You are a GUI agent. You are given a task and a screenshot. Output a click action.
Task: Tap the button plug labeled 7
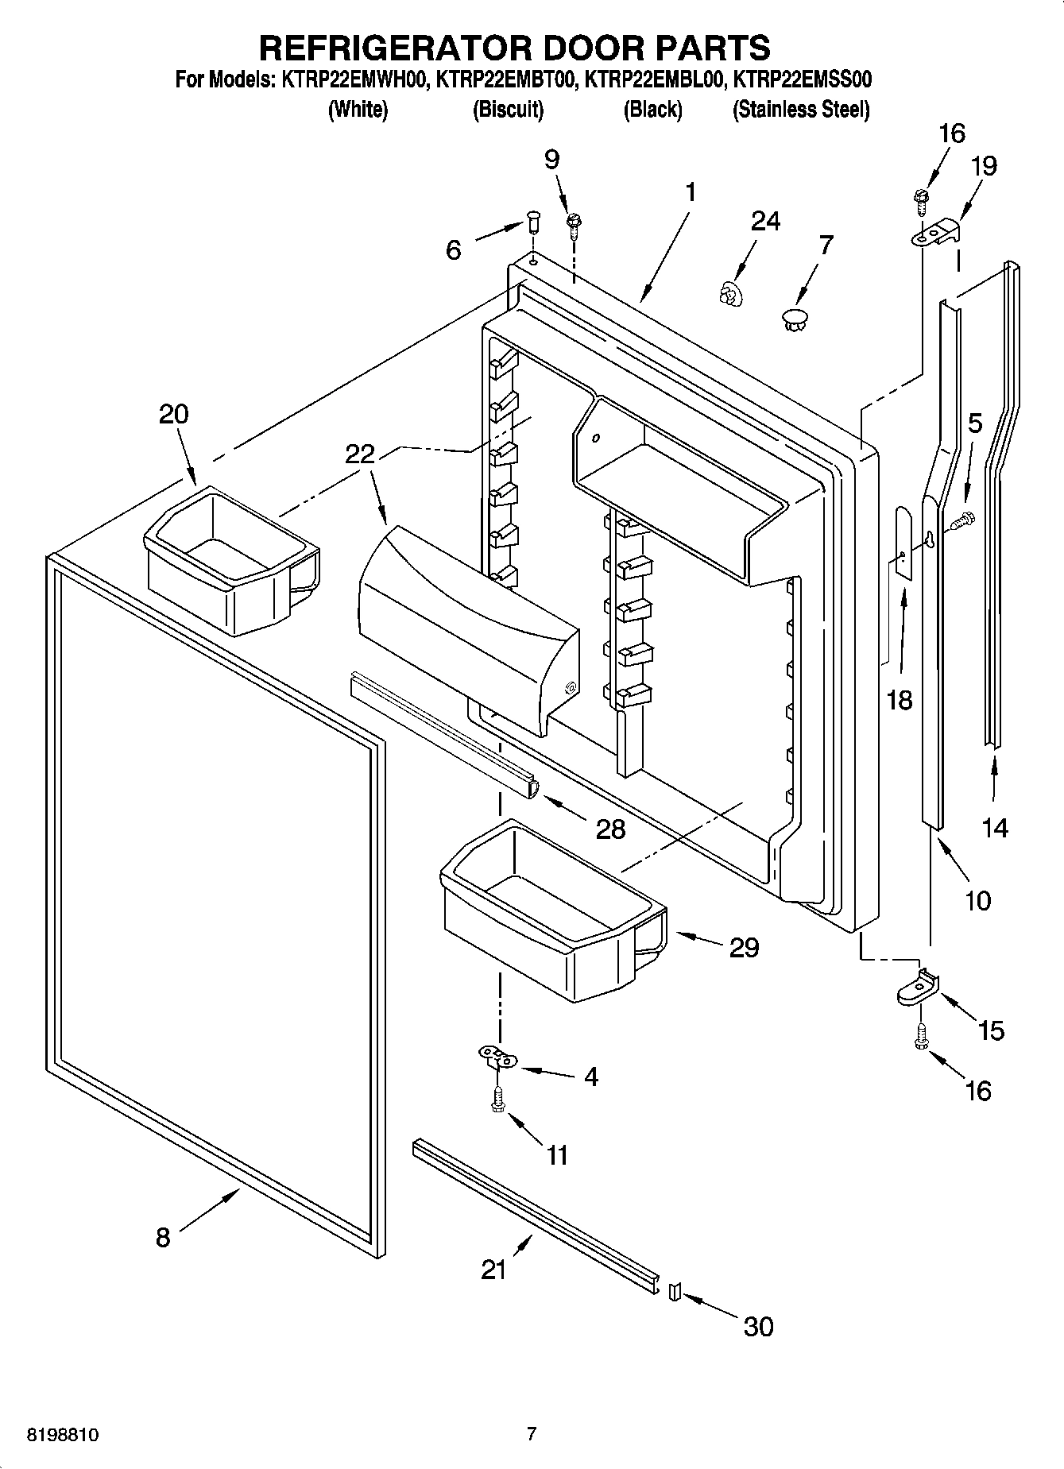[x=795, y=321]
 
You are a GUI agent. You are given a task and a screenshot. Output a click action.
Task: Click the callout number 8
[x=163, y=1237]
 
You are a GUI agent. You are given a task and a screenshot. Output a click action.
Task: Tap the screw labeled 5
[x=962, y=521]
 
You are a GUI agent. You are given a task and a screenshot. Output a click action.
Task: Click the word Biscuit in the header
[x=508, y=110]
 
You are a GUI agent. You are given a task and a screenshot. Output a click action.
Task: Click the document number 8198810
[x=64, y=1435]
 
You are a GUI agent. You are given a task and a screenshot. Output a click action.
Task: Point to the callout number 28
[x=610, y=829]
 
